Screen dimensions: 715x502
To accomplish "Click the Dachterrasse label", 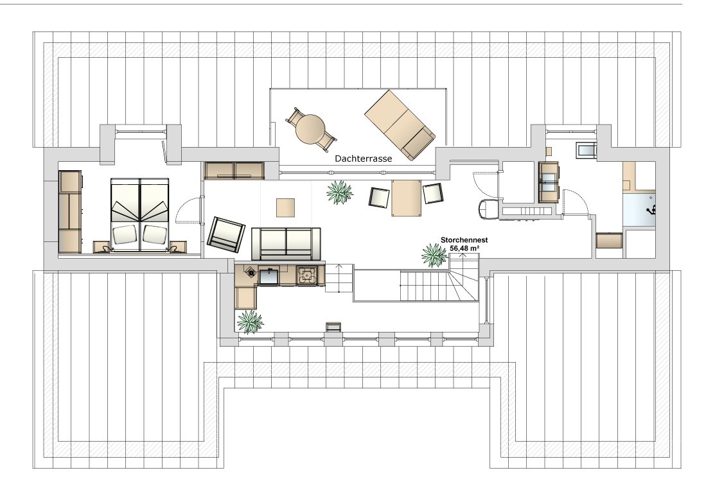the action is coord(364,159).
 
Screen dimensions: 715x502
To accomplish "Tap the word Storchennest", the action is coord(464,240).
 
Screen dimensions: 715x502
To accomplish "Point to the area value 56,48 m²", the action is coord(464,248).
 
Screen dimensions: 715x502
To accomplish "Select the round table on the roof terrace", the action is coord(310,129).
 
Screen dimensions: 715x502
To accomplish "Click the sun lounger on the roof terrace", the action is coord(400,125).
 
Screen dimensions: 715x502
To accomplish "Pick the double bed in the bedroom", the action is coord(139,214).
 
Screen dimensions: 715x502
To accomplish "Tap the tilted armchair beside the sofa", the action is coord(225,234).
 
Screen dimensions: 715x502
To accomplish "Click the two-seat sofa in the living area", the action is coord(286,241).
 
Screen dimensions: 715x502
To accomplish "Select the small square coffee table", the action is coord(286,208).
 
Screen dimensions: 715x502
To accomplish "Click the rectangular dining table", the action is coord(406,198).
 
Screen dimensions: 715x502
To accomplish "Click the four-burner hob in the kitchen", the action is coord(307,275).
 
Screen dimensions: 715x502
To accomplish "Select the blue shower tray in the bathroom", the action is coord(639,209).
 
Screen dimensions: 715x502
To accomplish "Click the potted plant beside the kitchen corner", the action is coord(250,322).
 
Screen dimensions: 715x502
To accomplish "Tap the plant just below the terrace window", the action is coord(340,192).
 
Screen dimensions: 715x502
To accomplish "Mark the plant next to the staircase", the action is coord(434,255).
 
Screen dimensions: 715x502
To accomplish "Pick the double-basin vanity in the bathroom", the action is coord(549,181).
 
